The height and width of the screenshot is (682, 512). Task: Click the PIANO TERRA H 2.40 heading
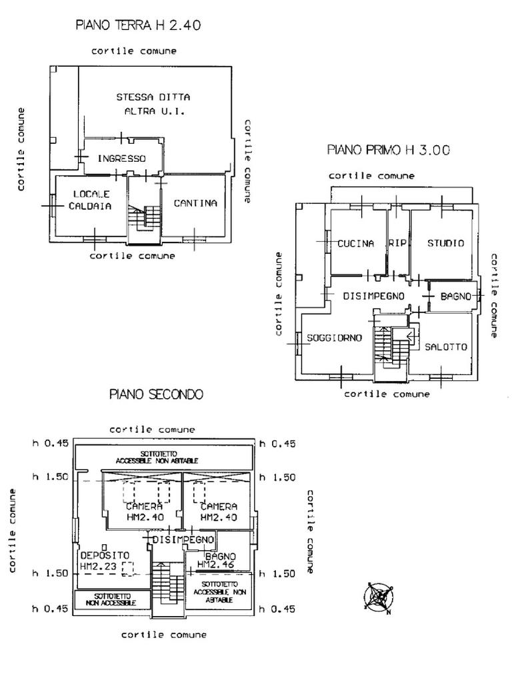139,26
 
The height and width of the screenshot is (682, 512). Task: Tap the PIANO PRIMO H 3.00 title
388,150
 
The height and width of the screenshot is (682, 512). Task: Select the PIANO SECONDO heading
156,394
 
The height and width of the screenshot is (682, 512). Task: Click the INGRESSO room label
121,159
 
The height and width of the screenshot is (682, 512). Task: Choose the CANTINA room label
195,203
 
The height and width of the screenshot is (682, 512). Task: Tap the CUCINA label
355,244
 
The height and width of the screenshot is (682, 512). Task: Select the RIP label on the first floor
397,244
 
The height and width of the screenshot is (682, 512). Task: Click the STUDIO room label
445,244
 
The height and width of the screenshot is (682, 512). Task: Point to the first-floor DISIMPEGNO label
373,295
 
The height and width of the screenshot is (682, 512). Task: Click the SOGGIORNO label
334,338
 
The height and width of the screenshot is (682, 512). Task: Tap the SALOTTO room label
445,347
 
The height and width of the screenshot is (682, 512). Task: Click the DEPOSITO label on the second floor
105,555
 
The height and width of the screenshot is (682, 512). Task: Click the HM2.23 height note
97,567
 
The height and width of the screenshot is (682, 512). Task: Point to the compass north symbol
378,596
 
